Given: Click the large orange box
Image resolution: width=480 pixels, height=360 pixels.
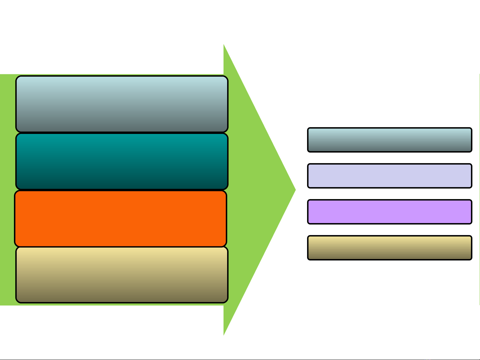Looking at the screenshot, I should [x=121, y=218].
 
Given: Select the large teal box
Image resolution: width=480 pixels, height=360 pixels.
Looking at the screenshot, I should [x=122, y=162].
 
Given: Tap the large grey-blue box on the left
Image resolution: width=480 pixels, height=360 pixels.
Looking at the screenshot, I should [x=122, y=104].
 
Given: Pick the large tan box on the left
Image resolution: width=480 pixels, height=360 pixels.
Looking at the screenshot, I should [x=122, y=275].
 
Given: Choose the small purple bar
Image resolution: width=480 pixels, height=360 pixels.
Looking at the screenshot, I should [x=390, y=212].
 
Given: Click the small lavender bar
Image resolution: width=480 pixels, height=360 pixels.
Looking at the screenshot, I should [x=390, y=176].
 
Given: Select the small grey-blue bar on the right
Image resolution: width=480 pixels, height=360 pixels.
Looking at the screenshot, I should [x=390, y=140].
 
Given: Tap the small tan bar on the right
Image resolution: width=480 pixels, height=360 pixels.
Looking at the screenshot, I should [x=390, y=248].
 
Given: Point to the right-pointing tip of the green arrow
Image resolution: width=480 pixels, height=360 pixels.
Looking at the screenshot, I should [x=295, y=190].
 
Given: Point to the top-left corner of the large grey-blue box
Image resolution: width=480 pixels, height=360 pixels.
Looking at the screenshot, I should [x=17, y=77].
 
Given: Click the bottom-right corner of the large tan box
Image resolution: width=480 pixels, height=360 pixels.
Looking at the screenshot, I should [x=227, y=302].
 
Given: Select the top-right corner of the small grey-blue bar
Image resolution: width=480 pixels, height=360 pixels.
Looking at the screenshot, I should [x=471, y=129].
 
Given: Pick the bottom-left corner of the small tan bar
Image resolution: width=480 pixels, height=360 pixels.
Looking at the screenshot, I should [x=308, y=259].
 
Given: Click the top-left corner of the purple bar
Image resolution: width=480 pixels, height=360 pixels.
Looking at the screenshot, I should [x=308, y=201].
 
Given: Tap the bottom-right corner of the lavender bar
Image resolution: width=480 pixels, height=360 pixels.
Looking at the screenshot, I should [x=471, y=187].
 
